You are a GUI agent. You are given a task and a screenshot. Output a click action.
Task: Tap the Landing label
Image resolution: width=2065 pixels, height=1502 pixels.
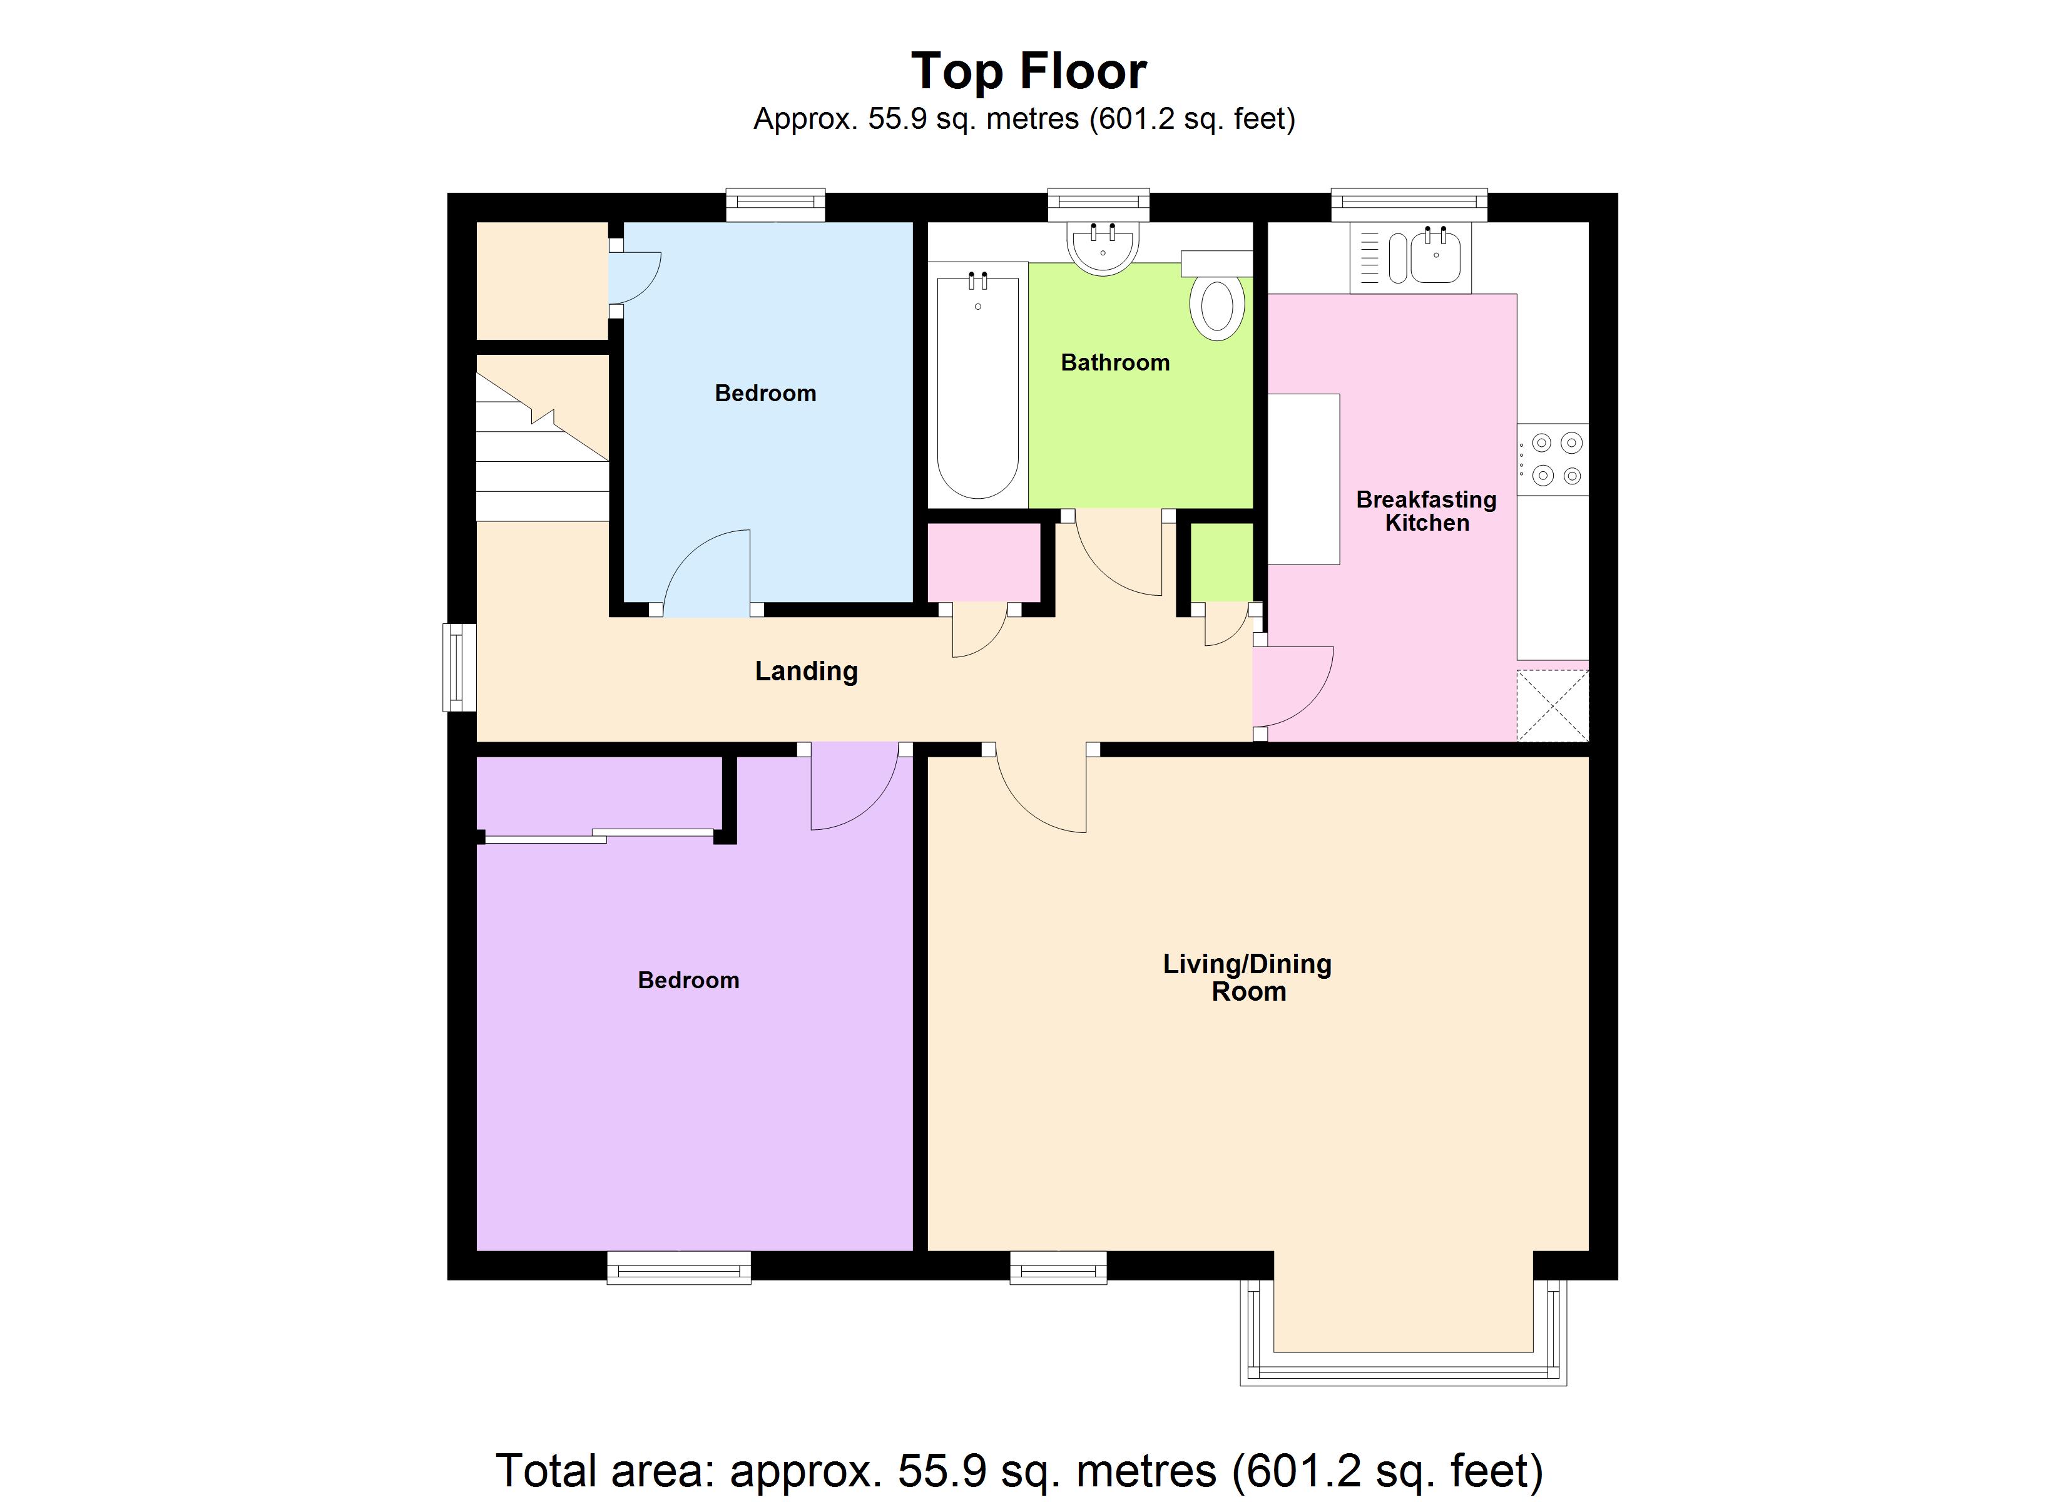click(x=806, y=672)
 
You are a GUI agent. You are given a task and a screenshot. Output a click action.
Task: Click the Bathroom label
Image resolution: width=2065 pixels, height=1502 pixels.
click(x=1114, y=362)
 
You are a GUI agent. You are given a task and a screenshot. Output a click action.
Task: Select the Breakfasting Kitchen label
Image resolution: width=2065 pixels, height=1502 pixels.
click(x=1426, y=511)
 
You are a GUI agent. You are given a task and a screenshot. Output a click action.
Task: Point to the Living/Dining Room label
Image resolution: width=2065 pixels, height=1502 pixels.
click(x=1247, y=978)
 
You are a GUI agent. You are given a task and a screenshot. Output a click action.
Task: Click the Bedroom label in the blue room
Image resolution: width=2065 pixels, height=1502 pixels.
click(x=765, y=394)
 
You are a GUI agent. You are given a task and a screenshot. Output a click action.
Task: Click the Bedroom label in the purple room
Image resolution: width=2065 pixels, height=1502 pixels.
click(x=688, y=980)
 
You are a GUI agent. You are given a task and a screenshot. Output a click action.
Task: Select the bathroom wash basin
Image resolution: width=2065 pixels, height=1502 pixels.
click(x=1103, y=246)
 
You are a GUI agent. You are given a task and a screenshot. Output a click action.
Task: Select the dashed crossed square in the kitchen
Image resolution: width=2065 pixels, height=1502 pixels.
click(x=1553, y=705)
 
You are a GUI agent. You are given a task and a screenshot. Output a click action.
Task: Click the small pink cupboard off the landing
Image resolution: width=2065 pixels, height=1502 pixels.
click(x=983, y=562)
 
